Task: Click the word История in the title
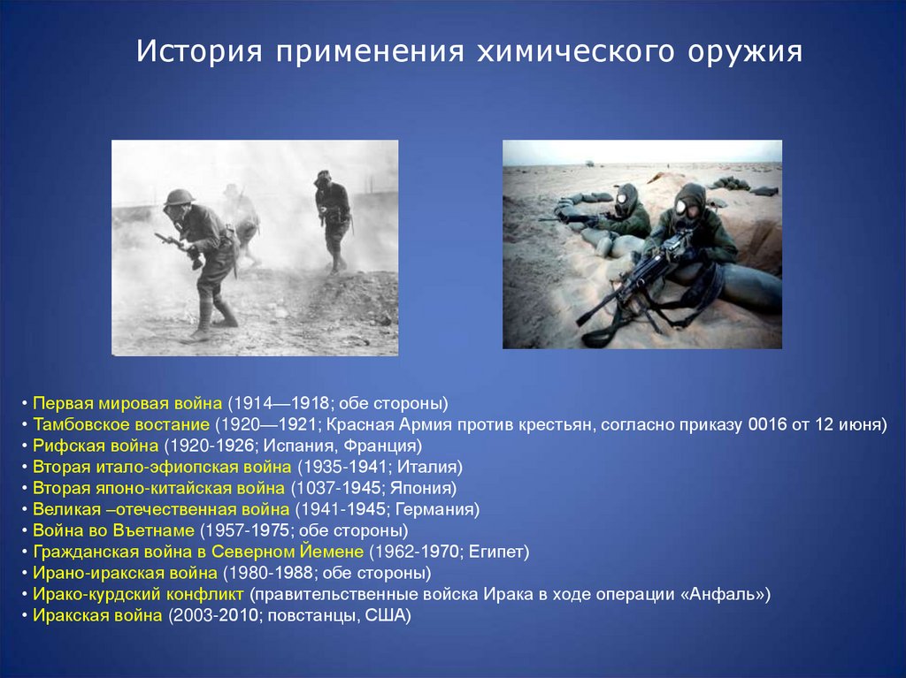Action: click(x=199, y=50)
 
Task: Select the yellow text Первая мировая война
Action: click(x=127, y=403)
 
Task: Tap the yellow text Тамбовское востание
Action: click(x=120, y=424)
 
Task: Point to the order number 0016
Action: click(x=767, y=424)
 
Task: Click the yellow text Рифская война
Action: click(x=96, y=446)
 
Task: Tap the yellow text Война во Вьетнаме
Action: click(x=113, y=530)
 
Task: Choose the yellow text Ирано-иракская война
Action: click(x=125, y=573)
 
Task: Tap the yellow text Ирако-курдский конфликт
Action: click(x=138, y=594)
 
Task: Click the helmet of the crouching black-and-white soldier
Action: click(x=180, y=197)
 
